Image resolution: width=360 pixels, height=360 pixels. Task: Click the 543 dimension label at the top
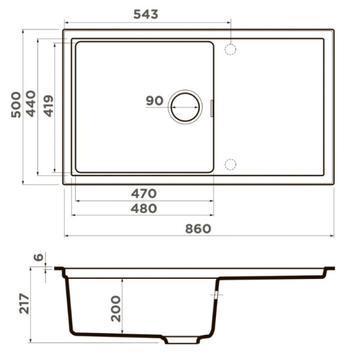(146, 14)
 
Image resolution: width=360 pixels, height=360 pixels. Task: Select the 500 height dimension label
(16, 104)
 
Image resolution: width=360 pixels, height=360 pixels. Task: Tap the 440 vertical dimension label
(31, 104)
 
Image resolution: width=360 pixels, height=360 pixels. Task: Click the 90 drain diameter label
(154, 101)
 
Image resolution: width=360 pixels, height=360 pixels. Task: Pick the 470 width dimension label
(144, 193)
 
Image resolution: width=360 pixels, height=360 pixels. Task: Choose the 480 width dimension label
(144, 208)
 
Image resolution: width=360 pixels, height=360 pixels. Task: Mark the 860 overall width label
(198, 229)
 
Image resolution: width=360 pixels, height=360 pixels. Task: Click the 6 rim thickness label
(38, 258)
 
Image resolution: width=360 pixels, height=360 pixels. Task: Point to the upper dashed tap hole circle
(230, 49)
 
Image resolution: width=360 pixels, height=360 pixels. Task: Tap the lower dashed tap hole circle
(230, 164)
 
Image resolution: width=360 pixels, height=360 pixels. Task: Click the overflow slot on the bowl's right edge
(212, 107)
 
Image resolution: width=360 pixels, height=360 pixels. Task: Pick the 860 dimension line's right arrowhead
(332, 236)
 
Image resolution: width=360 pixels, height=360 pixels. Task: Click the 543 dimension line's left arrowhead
(65, 22)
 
